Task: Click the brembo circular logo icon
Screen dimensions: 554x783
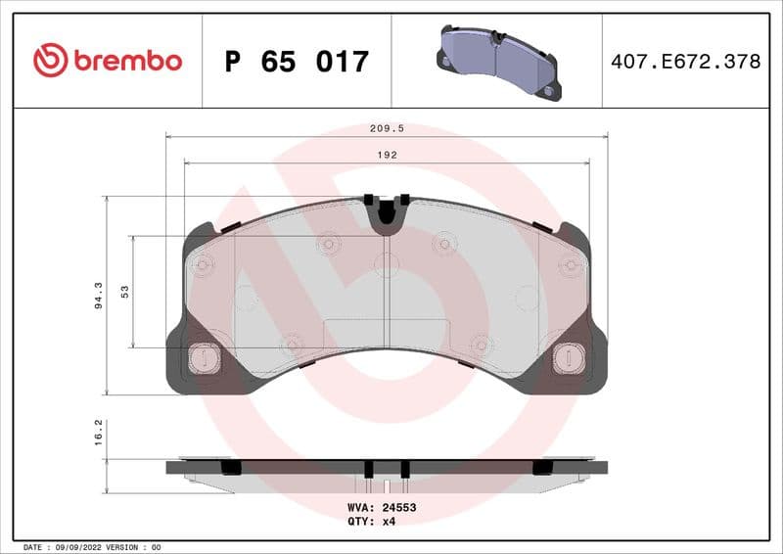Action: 50,61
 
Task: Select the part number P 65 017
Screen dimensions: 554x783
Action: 297,62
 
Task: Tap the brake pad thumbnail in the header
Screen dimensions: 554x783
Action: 498,61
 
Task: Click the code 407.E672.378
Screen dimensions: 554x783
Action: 685,62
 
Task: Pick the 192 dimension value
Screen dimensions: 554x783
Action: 389,155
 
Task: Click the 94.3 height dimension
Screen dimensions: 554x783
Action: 98,295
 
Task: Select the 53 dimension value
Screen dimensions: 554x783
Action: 124,292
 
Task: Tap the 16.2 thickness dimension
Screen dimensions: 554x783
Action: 98,433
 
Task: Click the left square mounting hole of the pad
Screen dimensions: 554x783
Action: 204,358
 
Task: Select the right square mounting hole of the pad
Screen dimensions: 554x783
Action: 568,358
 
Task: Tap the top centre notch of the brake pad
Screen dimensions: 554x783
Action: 387,211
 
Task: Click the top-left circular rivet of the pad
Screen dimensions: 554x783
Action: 204,265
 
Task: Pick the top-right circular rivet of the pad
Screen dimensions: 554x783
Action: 571,265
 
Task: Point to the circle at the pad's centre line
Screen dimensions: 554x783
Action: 387,262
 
